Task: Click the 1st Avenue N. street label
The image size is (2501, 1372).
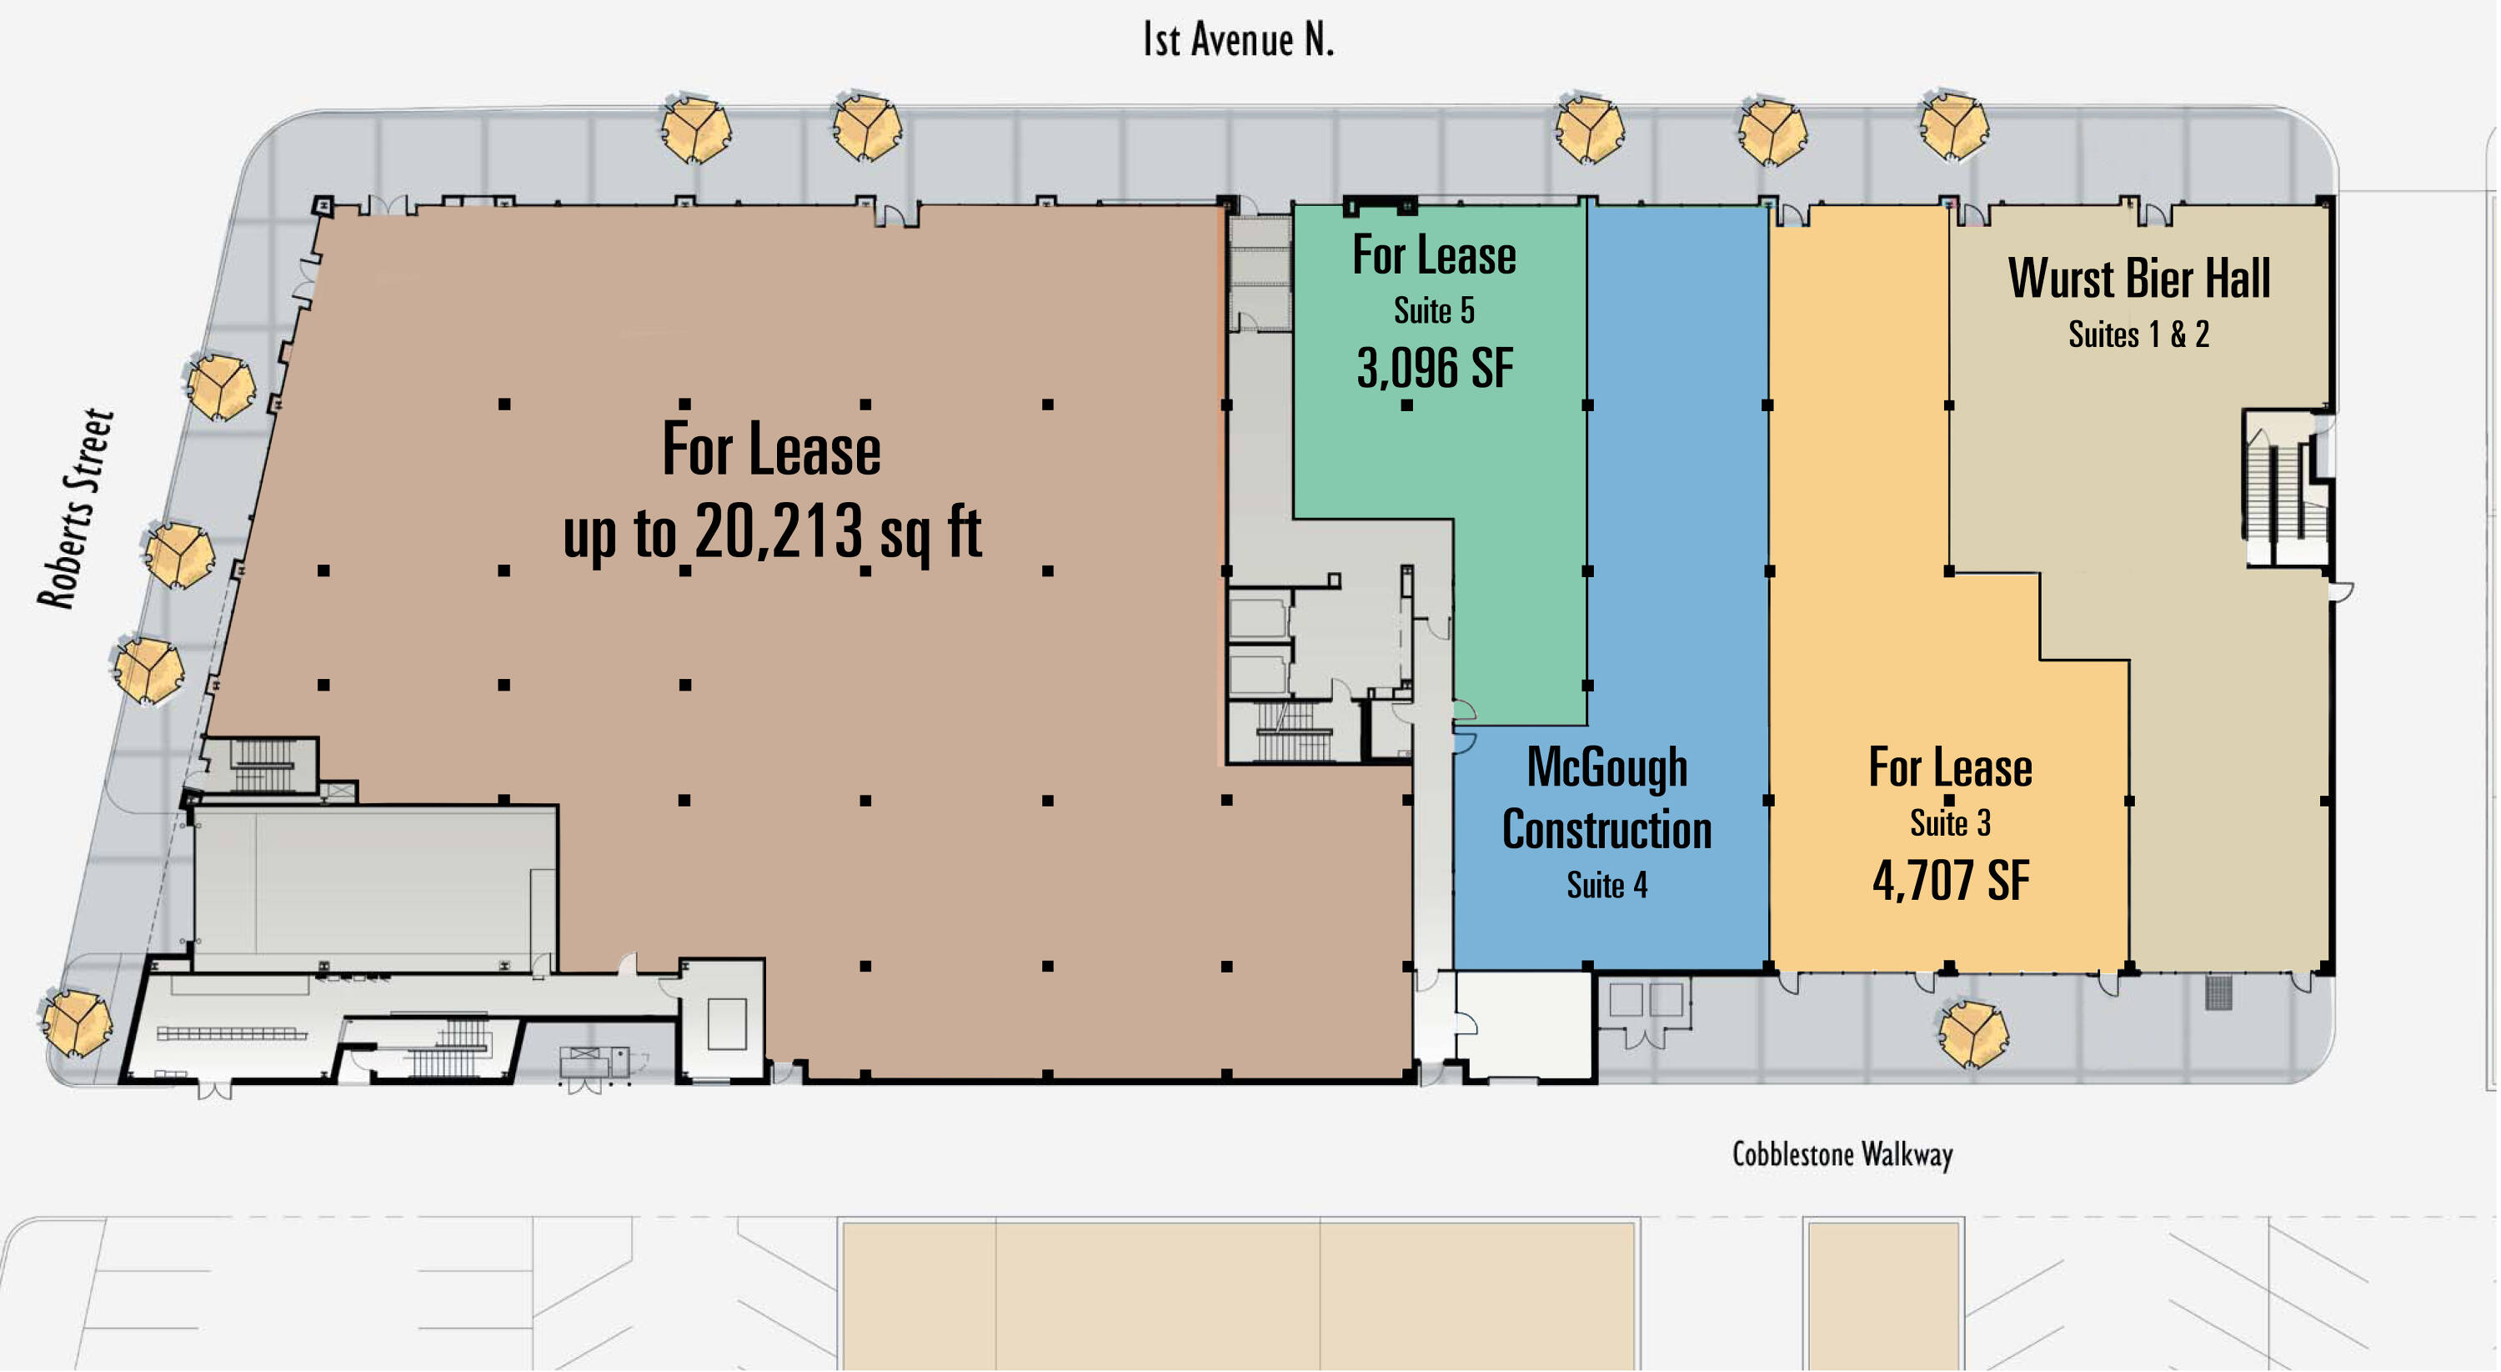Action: click(1238, 40)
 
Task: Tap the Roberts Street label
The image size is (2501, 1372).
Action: click(76, 509)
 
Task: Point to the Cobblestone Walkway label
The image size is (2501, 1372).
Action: click(1842, 1154)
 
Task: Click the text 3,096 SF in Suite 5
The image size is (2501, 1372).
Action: click(1434, 369)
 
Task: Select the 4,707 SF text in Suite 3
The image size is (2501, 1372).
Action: click(1951, 881)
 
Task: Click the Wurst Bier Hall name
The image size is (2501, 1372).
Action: click(2139, 279)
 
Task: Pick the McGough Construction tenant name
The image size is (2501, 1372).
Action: click(1606, 799)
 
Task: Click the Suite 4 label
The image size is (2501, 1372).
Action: click(1606, 886)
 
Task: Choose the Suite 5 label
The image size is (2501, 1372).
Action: click(1434, 311)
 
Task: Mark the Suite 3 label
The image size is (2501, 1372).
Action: click(1951, 823)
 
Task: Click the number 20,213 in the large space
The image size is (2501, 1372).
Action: click(779, 531)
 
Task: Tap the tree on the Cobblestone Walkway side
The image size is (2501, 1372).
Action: click(1972, 1034)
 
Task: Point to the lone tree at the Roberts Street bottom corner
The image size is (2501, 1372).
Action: click(77, 1023)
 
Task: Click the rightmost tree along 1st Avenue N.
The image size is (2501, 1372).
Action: click(1953, 125)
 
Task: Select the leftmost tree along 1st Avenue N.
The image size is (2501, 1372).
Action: click(695, 128)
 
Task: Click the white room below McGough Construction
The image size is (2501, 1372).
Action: click(1524, 1024)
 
